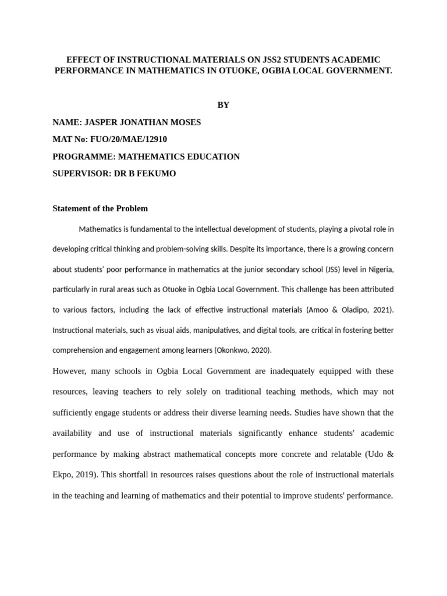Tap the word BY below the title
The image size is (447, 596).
pos(223,105)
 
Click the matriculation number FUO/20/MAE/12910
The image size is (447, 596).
pos(130,139)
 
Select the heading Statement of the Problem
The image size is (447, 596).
pos(100,208)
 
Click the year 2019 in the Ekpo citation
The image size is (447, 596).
pos(85,474)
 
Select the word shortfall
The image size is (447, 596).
pos(137,474)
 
